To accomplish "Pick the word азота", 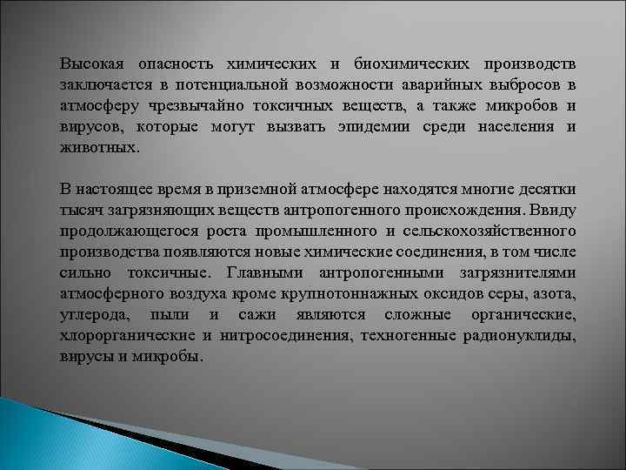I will tap(555, 294).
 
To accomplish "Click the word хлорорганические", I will tap(128, 336).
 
